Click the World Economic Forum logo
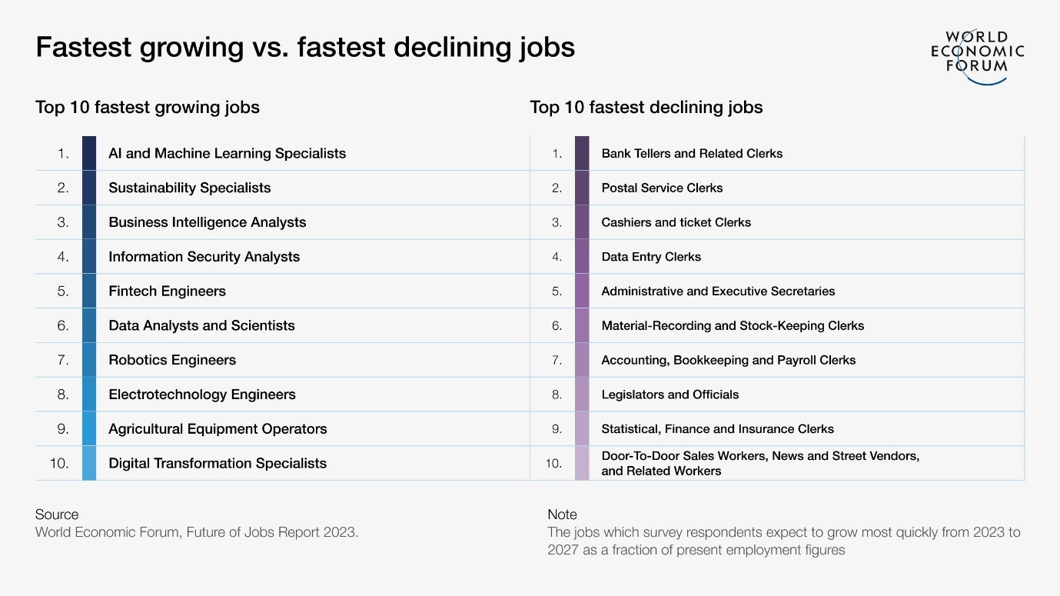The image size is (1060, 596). click(977, 55)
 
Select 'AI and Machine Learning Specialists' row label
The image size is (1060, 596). click(227, 154)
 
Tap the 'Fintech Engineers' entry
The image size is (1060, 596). click(167, 291)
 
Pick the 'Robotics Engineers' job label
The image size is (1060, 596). click(172, 360)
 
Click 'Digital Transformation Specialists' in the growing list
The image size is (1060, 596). click(218, 464)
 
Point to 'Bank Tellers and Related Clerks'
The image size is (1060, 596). click(692, 154)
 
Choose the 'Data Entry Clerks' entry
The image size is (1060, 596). click(651, 257)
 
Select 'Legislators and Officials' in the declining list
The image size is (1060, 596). click(670, 395)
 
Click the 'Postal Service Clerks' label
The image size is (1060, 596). click(662, 188)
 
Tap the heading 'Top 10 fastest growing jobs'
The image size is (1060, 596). click(148, 108)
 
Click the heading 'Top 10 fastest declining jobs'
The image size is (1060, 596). click(646, 108)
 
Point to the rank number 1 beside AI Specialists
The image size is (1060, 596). click(64, 154)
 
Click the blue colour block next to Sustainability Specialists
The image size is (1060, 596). click(89, 188)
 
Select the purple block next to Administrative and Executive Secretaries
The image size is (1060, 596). click(582, 291)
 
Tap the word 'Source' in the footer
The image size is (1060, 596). click(57, 514)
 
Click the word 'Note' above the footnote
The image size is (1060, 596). click(562, 514)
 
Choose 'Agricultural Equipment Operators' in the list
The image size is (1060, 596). click(218, 429)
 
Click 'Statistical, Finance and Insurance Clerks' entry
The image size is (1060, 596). click(717, 429)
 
